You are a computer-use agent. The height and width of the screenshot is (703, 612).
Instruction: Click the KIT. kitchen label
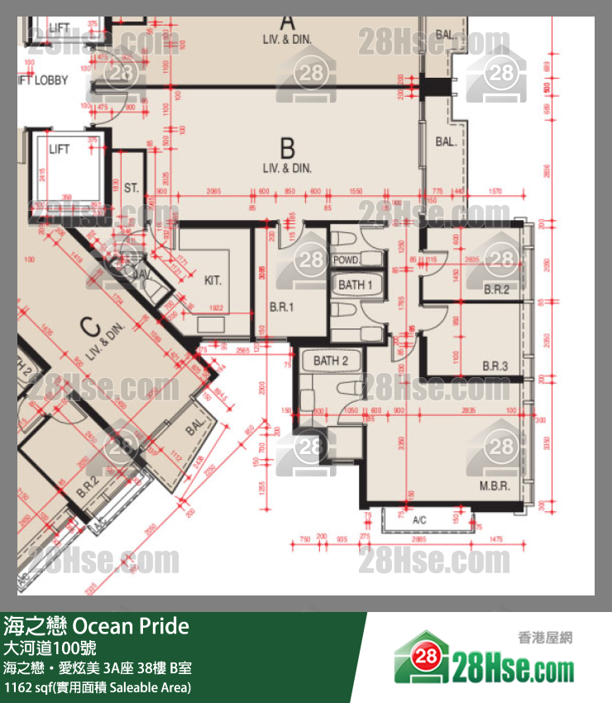coord(213,280)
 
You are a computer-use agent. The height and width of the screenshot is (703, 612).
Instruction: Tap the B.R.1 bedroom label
coord(282,306)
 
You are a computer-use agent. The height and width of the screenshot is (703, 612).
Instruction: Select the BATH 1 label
coord(356,285)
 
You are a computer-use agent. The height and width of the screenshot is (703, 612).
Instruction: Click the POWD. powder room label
coord(345,261)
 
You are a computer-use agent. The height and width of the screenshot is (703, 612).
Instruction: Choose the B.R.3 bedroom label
coord(495,366)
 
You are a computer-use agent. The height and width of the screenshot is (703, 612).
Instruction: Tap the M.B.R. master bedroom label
coord(494,485)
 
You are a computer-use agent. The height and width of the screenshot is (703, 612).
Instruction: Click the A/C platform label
coord(420,521)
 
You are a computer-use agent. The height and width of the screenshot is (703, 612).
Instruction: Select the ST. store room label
coord(131,189)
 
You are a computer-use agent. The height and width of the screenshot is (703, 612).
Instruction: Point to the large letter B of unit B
coord(287,148)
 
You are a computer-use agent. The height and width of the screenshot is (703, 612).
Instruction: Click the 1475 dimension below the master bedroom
coord(495,539)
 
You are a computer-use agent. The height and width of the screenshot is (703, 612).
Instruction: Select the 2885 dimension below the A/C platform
coord(420,539)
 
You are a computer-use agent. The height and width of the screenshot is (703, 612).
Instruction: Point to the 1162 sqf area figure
coord(28,687)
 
